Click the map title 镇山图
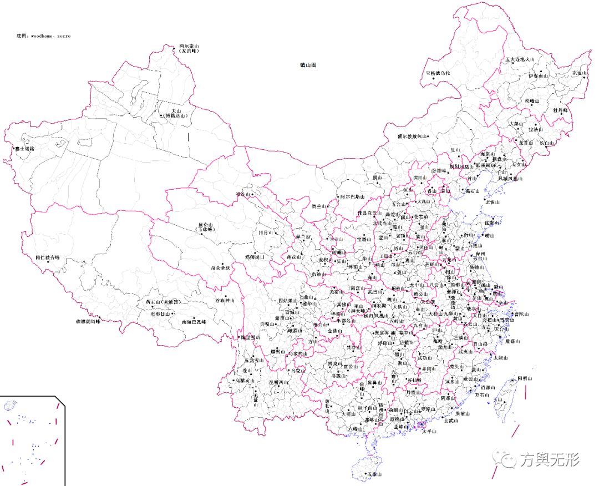[308, 65]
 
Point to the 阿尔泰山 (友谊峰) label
[189, 48]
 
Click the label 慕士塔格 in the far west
[25, 149]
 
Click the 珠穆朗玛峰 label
[89, 321]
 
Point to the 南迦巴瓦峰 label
[194, 322]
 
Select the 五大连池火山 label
[519, 59]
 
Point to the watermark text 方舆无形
[549, 460]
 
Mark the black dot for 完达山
[586, 73]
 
